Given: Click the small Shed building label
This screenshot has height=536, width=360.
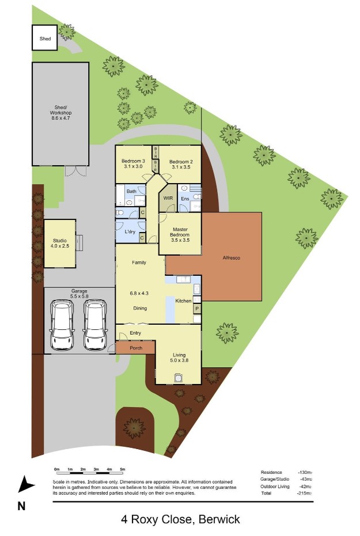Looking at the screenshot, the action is tap(45, 39).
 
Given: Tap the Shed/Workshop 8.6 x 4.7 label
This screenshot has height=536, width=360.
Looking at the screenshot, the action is tap(60, 112).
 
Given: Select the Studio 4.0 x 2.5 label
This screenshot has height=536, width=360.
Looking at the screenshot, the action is tap(60, 243).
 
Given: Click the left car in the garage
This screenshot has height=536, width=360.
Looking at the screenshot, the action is tap(62, 325).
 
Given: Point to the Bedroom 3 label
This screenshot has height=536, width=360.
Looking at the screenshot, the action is tap(133, 161).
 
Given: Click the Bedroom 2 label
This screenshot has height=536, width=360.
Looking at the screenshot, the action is tap(181, 162).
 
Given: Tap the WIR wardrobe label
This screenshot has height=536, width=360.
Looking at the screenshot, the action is tap(168, 198).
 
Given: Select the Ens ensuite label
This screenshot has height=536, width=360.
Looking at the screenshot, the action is tap(185, 199).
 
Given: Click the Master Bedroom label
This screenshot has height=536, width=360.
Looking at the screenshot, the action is tap(180, 232).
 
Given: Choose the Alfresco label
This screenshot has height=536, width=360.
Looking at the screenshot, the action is tap(232, 258).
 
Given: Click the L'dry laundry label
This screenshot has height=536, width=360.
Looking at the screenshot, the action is tap(130, 231).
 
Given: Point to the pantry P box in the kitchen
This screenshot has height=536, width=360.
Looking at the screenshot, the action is tap(197, 309).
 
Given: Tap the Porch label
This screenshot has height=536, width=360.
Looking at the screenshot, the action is tap(136, 348).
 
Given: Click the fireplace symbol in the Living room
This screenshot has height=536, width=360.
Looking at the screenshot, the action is tap(178, 378).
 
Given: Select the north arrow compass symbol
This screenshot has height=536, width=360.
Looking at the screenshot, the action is tap(25, 484).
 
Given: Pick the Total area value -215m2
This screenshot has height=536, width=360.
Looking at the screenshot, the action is tap(304, 493).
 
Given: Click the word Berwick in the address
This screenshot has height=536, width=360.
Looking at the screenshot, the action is tap(219, 519).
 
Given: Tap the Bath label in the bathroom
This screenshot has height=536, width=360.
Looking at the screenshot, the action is tap(131, 191).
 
